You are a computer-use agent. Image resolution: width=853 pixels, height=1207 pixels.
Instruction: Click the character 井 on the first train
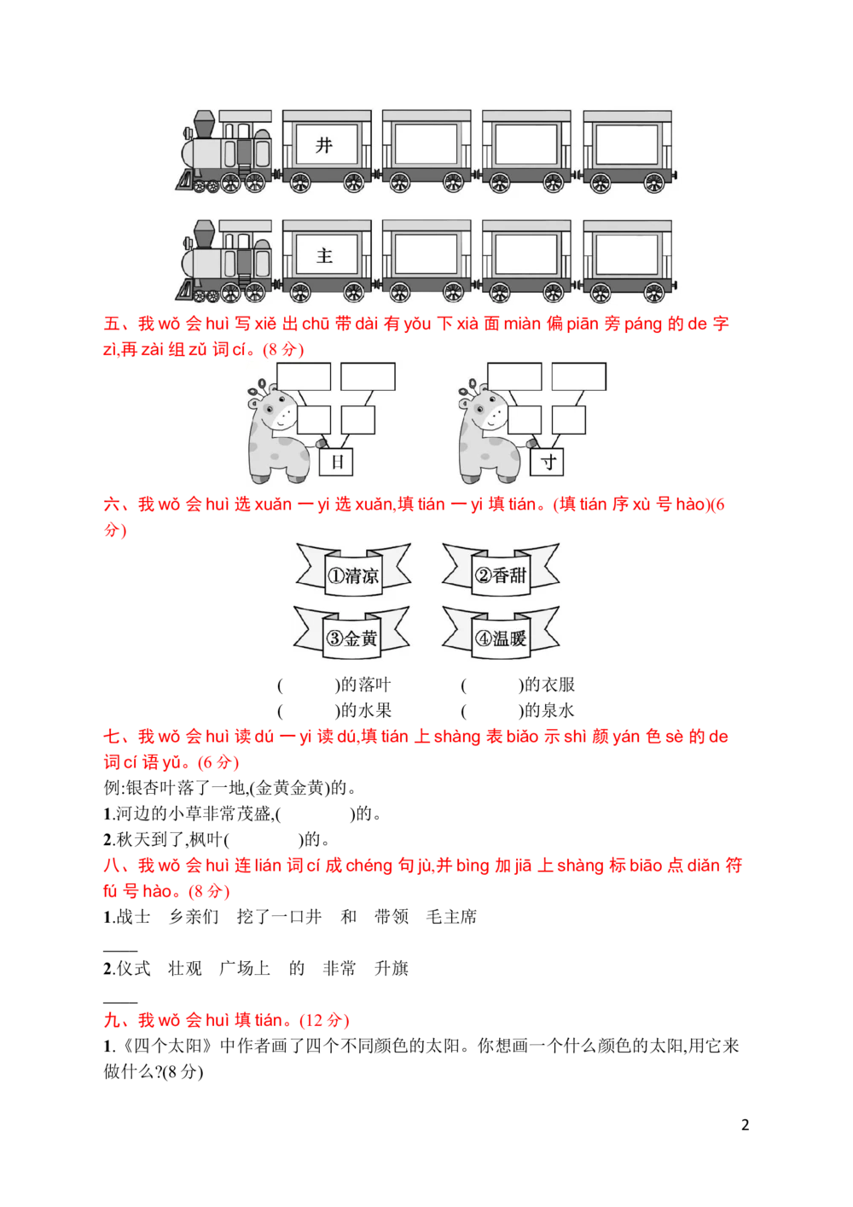click(324, 145)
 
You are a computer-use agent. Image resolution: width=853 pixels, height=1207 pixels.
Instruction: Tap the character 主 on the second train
click(324, 255)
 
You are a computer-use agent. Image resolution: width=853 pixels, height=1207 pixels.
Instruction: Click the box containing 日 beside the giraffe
click(336, 463)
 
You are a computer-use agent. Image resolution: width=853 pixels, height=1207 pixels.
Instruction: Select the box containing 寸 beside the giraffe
click(547, 463)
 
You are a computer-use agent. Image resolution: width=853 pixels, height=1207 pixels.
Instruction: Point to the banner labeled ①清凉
click(353, 570)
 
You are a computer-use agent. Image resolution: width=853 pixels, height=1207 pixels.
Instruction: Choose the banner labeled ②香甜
click(501, 570)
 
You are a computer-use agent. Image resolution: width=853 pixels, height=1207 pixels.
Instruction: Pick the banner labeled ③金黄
click(351, 633)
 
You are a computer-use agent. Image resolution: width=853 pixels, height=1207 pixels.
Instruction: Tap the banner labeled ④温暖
click(501, 633)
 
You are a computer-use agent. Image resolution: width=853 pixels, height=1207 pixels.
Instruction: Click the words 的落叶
click(366, 685)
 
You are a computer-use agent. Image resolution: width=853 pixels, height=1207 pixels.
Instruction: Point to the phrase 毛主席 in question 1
click(452, 917)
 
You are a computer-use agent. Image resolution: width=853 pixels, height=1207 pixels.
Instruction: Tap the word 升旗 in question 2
click(392, 968)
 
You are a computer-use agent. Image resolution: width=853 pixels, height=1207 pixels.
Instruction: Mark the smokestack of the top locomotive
click(204, 125)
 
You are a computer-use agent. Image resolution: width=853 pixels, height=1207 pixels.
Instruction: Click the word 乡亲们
click(194, 917)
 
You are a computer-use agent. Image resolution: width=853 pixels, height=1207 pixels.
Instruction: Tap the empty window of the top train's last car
click(627, 145)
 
